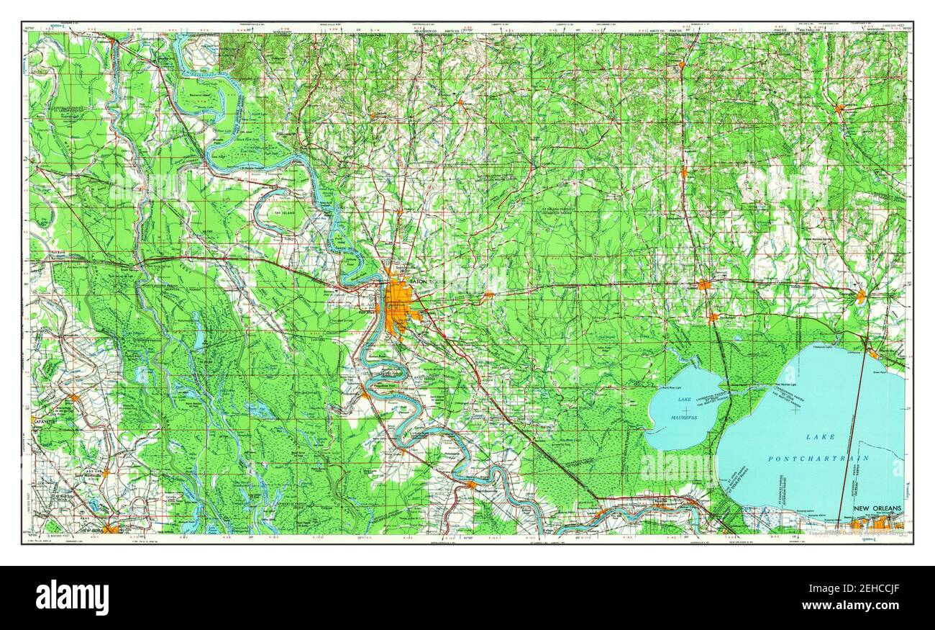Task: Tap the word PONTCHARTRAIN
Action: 818,459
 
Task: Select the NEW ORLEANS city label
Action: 877,510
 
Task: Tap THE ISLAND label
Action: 286,213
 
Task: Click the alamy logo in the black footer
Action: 71,597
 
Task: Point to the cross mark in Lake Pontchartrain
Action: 795,410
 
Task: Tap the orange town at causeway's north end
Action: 872,354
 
